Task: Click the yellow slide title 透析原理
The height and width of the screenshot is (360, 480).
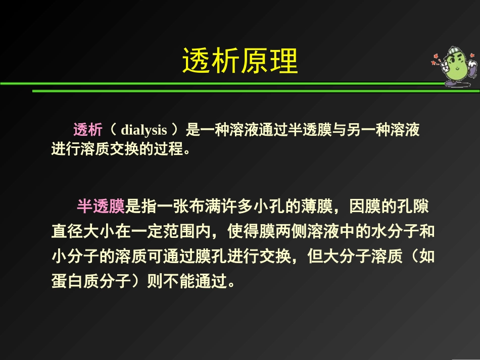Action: click(239, 62)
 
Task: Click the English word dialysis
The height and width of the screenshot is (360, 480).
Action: click(144, 130)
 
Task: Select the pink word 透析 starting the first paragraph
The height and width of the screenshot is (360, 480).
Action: click(88, 130)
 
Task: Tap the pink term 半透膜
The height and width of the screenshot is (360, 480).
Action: click(101, 206)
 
